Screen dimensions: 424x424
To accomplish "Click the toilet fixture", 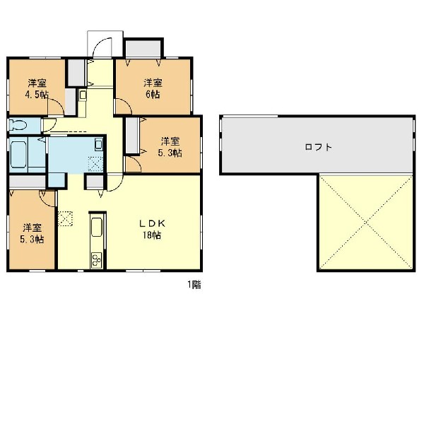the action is pos(18,125).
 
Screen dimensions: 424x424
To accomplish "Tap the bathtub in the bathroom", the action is pos(18,154).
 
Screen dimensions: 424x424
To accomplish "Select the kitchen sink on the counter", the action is pos(97,227).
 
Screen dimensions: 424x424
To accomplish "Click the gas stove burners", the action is pos(97,260).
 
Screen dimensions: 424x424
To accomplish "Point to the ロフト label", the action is pos(318,147).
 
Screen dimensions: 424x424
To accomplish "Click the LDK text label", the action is pos(152,223).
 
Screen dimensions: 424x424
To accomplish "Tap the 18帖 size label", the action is pos(152,235).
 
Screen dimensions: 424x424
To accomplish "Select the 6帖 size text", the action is pos(153,95).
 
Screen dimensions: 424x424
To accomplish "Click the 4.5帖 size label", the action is pos(37,95).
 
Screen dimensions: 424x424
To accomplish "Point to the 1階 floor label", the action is pos(194,285).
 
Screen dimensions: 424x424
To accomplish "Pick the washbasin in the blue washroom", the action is pos(99,144).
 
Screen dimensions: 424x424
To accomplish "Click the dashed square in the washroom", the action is pos(95,164).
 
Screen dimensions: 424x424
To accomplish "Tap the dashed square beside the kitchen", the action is pos(66,218).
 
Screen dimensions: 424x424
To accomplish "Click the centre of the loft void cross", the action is pos(366,223).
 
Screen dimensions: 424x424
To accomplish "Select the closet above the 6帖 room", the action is pos(143,48).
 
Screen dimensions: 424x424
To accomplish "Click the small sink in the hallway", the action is pos(83,95).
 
